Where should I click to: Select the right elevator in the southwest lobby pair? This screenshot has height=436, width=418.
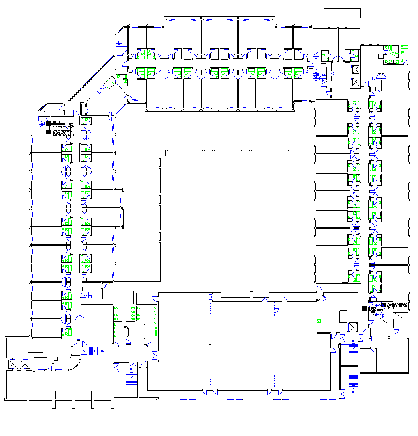[25, 365]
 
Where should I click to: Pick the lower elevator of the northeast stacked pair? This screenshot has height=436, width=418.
[356, 81]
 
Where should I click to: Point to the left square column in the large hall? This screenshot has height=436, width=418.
[210, 345]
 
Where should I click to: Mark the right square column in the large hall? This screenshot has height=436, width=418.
[275, 345]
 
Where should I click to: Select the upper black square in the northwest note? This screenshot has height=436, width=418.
[49, 122]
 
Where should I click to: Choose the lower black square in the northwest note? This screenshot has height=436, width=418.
[49, 131]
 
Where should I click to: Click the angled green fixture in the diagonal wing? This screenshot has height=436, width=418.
[109, 84]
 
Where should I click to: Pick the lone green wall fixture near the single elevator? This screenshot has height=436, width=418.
[319, 321]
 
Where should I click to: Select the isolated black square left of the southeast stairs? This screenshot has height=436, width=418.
[364, 309]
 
